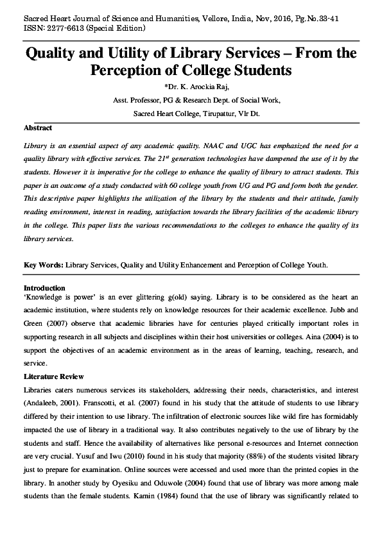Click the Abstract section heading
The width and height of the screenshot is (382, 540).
38,128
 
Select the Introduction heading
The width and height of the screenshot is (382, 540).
44,289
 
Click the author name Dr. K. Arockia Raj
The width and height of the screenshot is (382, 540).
191,87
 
